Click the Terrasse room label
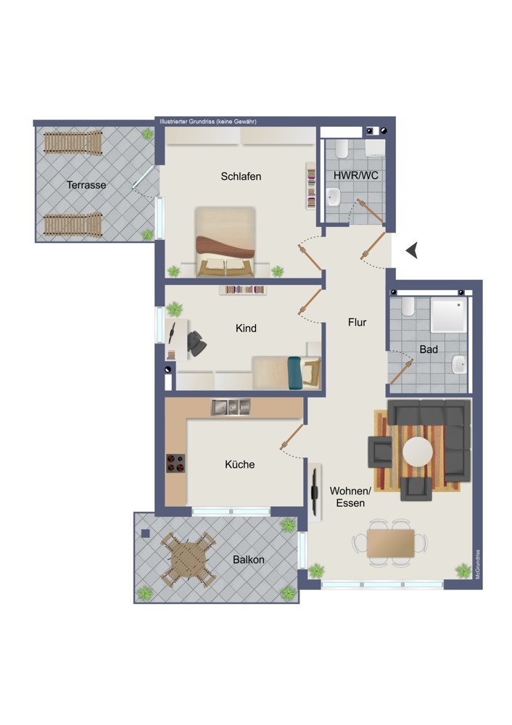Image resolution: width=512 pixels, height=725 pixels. [86, 185]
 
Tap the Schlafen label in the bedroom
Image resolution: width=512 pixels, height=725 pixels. [241, 176]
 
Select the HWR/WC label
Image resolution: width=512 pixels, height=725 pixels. [355, 175]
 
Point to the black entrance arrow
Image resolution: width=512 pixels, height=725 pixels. [412, 250]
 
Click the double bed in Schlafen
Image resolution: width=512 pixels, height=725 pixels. [226, 241]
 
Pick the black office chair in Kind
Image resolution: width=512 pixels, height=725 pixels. [196, 344]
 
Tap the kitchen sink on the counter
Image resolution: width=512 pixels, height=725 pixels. [231, 407]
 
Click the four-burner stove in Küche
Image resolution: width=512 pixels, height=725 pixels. [176, 463]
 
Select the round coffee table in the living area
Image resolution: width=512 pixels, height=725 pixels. [418, 452]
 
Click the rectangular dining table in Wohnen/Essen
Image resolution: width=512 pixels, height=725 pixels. [390, 543]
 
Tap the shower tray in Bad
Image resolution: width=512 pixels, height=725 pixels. [448, 315]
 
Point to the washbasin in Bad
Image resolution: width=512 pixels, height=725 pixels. [459, 364]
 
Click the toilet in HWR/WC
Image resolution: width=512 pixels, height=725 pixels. [342, 149]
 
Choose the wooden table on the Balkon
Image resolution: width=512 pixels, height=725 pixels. [187, 560]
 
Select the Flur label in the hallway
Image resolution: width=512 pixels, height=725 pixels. [357, 323]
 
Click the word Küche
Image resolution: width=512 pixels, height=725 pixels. [239, 464]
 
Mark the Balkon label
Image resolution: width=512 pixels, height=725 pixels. [248, 560]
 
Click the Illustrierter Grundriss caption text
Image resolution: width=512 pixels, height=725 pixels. [208, 122]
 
